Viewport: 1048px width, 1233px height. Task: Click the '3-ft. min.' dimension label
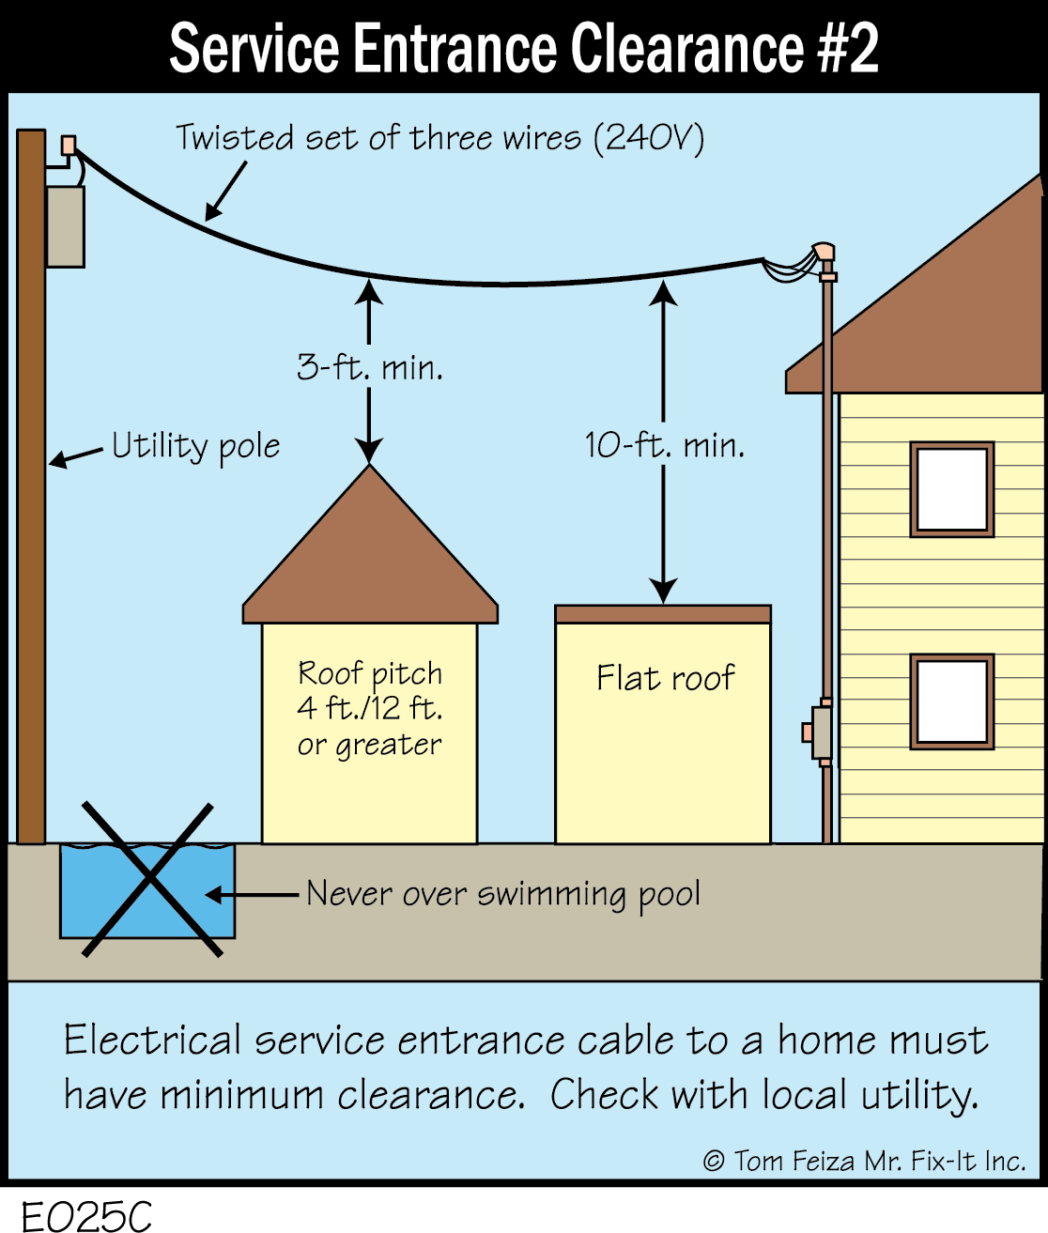(x=370, y=367)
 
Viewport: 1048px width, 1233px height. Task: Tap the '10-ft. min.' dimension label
(x=665, y=445)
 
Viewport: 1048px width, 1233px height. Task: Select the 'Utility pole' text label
(x=195, y=446)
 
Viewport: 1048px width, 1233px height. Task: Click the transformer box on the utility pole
(x=66, y=226)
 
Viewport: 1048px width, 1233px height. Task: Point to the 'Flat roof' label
(x=665, y=678)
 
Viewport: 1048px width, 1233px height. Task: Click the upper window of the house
(x=951, y=489)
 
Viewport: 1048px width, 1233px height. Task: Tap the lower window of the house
(x=951, y=701)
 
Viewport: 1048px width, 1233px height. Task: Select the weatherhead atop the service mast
(x=825, y=254)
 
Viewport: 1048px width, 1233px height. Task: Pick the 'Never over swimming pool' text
(x=503, y=894)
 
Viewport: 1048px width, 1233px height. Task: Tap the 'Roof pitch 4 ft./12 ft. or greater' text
(x=370, y=709)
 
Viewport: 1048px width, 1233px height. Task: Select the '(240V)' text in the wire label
(x=648, y=138)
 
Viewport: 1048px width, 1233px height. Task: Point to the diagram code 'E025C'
(x=86, y=1216)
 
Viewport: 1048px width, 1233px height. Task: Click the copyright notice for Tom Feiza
(x=864, y=1162)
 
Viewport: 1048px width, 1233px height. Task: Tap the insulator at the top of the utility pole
(x=68, y=146)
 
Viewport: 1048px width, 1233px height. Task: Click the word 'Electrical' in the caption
(x=151, y=1040)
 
